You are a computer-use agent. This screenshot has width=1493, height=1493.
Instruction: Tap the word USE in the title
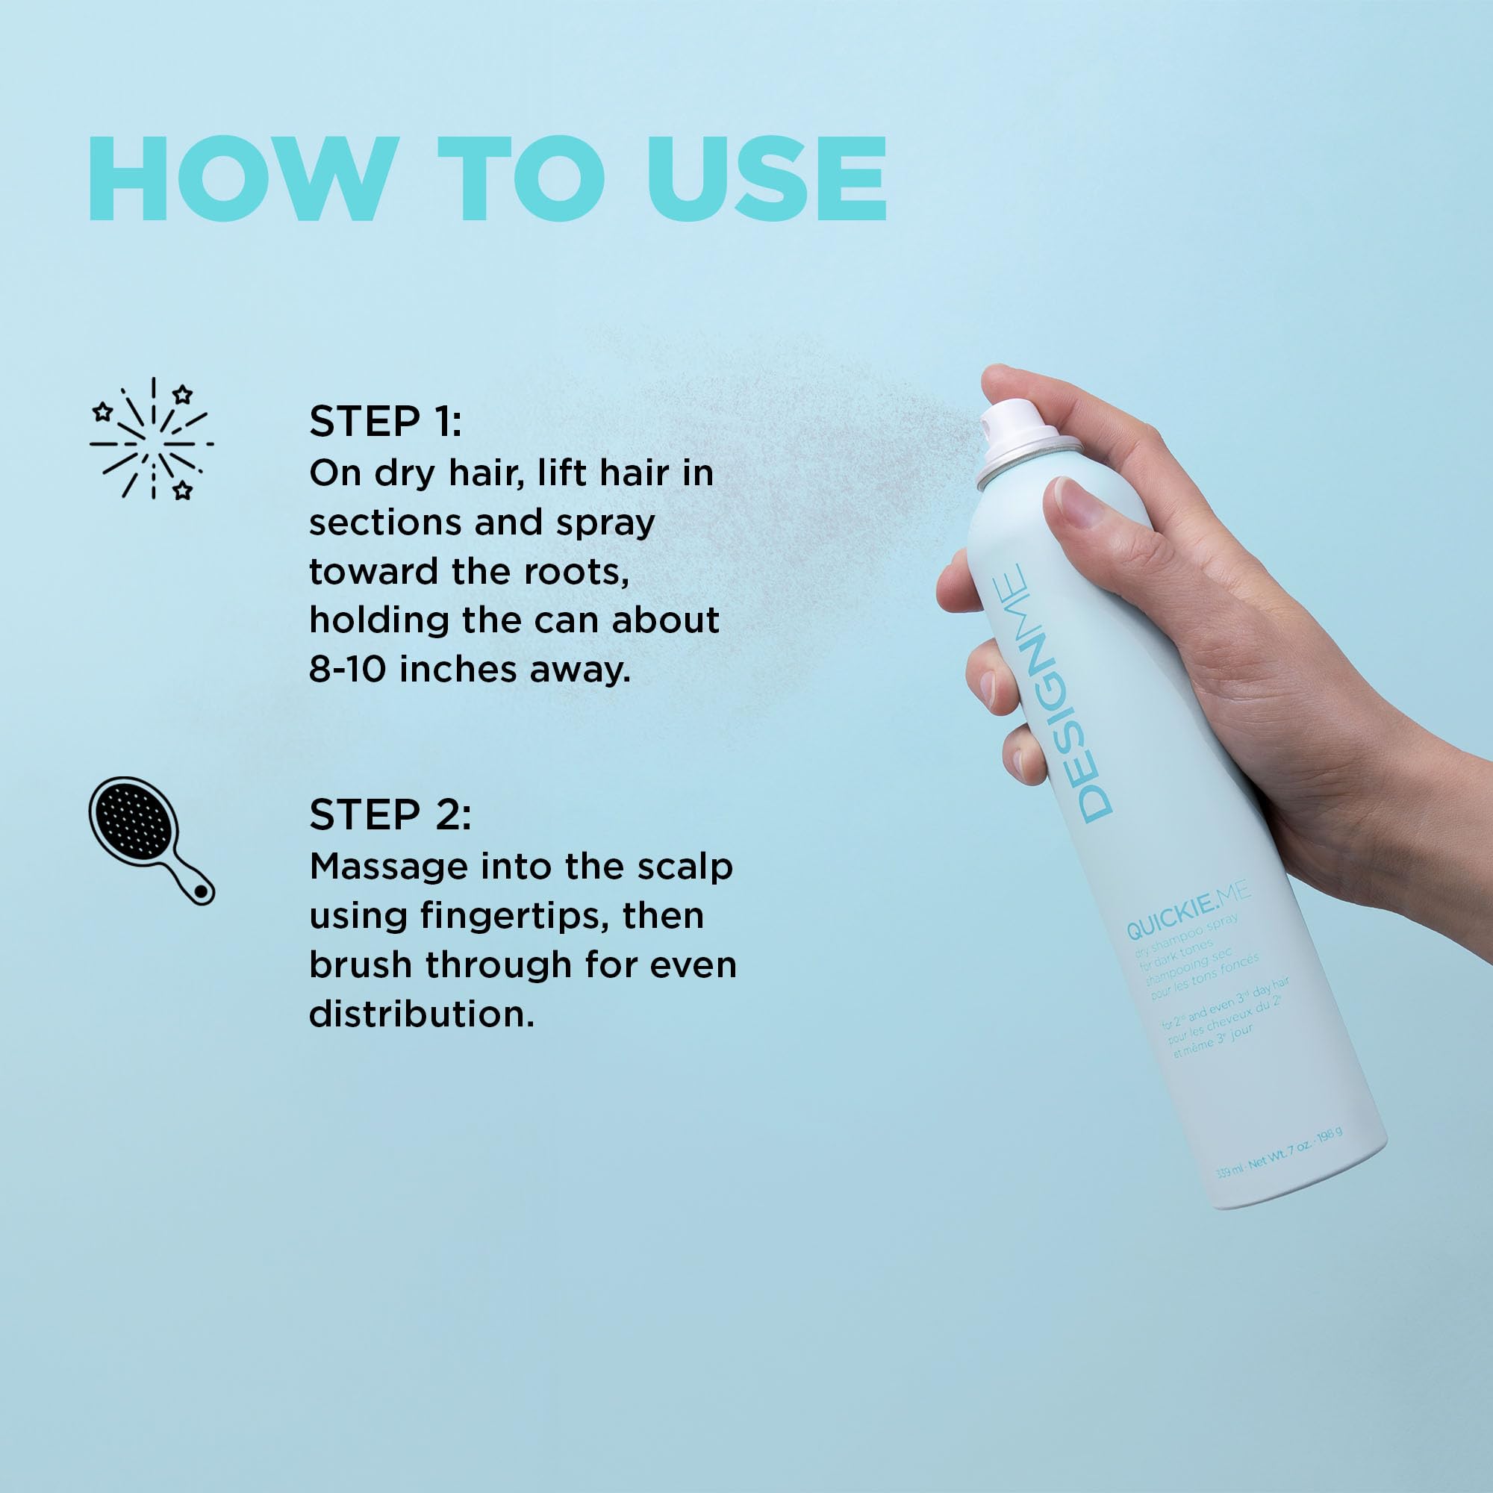click(x=767, y=179)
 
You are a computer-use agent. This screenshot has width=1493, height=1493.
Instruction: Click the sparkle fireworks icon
click(x=152, y=438)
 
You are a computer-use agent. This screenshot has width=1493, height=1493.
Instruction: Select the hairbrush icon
click(x=151, y=839)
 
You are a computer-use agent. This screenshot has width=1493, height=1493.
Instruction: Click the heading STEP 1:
click(x=385, y=422)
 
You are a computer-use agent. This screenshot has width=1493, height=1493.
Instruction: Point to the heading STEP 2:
click(x=390, y=815)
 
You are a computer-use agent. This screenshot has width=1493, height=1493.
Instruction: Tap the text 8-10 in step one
click(x=347, y=669)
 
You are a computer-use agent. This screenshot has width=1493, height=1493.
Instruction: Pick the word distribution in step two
click(x=421, y=1014)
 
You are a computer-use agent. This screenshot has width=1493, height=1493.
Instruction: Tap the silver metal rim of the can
click(x=1028, y=464)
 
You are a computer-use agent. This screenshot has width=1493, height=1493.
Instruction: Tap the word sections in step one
click(x=385, y=523)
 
